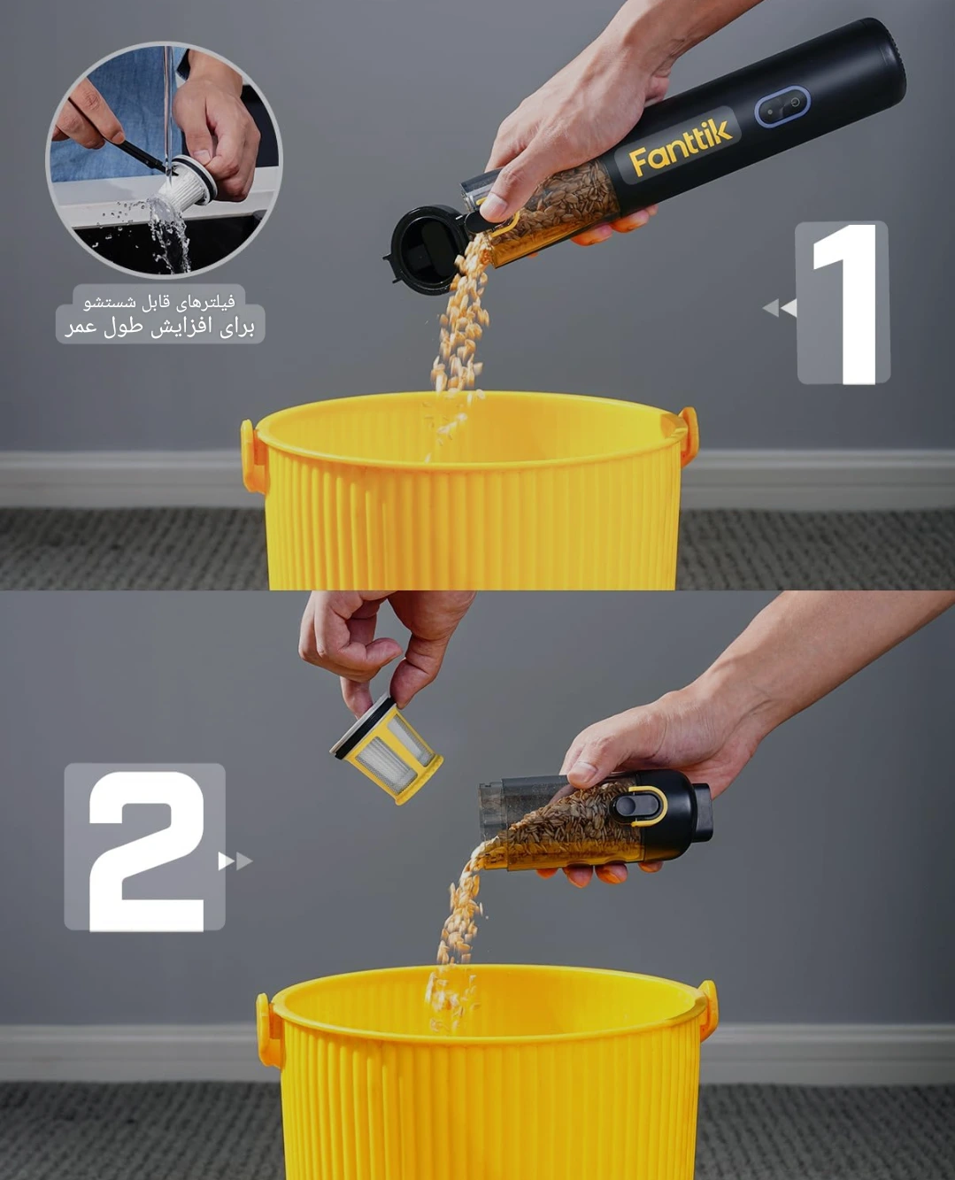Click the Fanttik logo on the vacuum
(x=681, y=147)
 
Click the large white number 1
(x=843, y=304)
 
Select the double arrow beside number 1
(x=780, y=307)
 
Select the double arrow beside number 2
(x=235, y=861)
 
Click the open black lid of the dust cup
(x=426, y=250)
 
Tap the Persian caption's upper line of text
(x=159, y=302)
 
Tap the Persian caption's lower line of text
(x=159, y=327)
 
